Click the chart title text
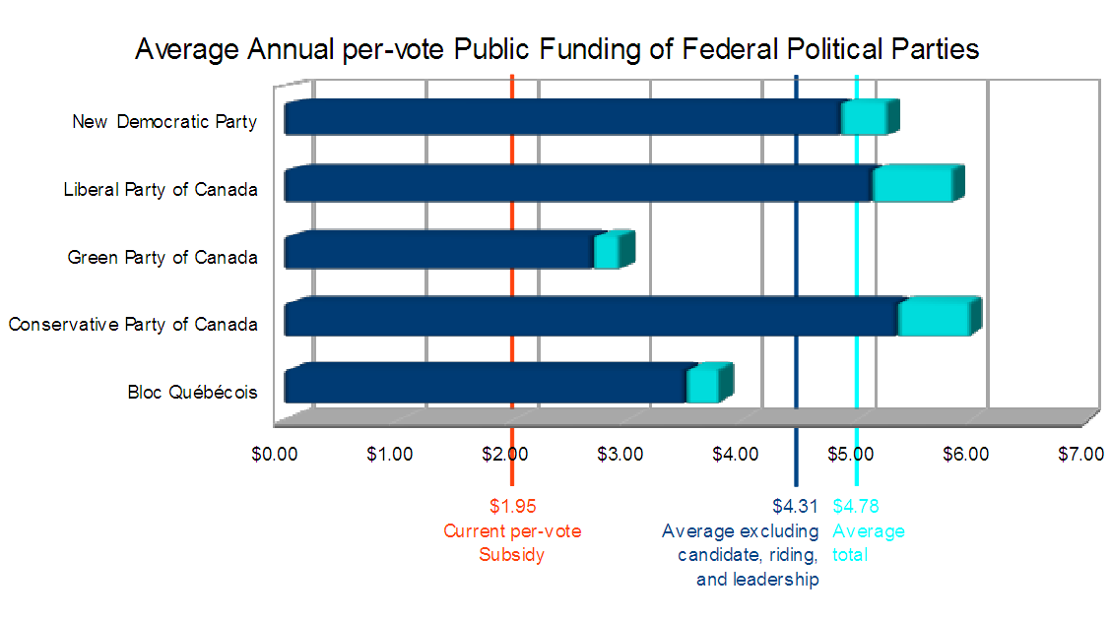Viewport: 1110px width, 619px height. point(556,49)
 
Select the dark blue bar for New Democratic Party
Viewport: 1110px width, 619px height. point(561,117)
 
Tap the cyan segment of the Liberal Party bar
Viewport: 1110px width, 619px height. point(911,184)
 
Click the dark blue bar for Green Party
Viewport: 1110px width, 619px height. point(438,251)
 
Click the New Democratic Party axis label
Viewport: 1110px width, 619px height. point(164,122)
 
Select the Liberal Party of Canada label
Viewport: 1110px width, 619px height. point(161,190)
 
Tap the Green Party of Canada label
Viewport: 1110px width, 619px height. point(163,257)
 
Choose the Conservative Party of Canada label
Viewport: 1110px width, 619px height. point(133,324)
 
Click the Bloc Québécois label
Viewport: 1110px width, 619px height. point(192,392)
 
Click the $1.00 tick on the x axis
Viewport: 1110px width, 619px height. point(390,454)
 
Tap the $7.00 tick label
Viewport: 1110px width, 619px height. point(1080,454)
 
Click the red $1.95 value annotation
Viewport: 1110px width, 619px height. point(512,508)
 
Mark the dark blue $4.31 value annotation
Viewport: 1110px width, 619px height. point(795,508)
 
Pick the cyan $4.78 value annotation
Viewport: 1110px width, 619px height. point(856,508)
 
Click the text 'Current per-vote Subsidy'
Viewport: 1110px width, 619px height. point(512,542)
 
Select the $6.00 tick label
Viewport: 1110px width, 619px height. point(965,454)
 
